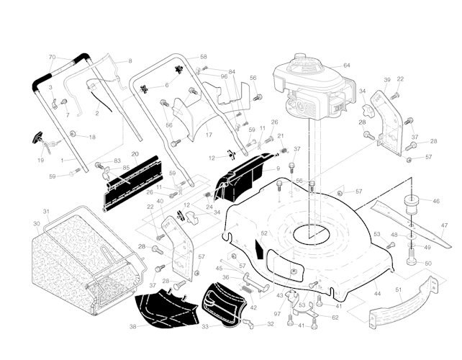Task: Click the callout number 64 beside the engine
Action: pyautogui.click(x=346, y=66)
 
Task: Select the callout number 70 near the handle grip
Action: pyautogui.click(x=52, y=57)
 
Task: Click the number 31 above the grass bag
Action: pyautogui.click(x=45, y=212)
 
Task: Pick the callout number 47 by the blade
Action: pyautogui.click(x=444, y=225)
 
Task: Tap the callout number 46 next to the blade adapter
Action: pyautogui.click(x=435, y=201)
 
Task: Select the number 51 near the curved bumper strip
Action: pyautogui.click(x=399, y=290)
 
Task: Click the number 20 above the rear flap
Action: pyautogui.click(x=135, y=154)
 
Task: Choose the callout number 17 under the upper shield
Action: pyautogui.click(x=209, y=135)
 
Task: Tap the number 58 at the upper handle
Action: pyautogui.click(x=203, y=57)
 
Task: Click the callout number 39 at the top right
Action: pyautogui.click(x=387, y=79)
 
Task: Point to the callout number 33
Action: pyautogui.click(x=205, y=328)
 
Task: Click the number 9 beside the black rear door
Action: pyautogui.click(x=277, y=168)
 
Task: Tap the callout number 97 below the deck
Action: pyautogui.click(x=277, y=315)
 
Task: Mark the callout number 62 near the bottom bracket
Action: pyautogui.click(x=335, y=317)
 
